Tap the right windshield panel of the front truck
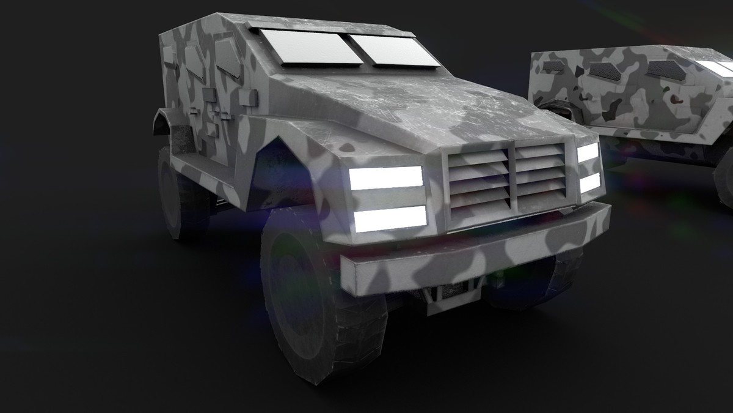coord(394,50)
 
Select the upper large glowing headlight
coord(385,177)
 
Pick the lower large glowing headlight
coord(390,218)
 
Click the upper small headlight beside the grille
coord(588,152)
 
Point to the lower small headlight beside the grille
coord(590,182)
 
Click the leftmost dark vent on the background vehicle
coord(553,65)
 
